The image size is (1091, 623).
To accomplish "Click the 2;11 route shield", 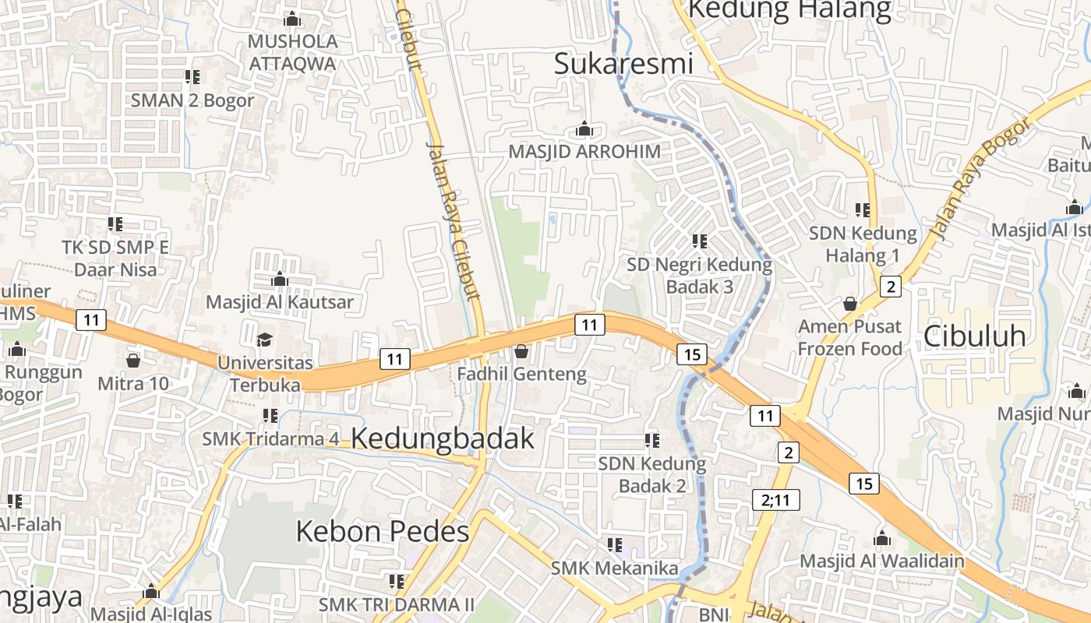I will coord(776,499).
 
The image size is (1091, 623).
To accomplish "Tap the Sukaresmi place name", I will coord(623,64).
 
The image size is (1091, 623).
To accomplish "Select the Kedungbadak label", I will coord(443,438).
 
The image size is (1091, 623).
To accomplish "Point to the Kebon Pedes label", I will coord(382,532).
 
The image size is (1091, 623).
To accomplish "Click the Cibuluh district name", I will coord(974,336).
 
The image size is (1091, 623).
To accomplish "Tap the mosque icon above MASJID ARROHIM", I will coord(584,128).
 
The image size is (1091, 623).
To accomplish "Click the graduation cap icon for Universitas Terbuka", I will coord(265,340).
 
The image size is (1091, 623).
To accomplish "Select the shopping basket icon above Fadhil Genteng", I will coord(521,352).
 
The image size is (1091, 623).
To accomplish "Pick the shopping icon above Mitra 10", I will coord(132,361).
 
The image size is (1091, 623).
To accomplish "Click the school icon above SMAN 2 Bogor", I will coord(192,77).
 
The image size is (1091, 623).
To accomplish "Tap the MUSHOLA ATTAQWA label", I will coord(293,52).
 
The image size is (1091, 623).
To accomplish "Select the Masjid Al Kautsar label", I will coord(280,302).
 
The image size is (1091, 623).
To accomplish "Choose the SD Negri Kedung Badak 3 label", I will coord(699,276).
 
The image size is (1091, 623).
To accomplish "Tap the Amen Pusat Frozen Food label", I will coord(849,337).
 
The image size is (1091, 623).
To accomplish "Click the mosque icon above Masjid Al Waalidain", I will coord(881,538).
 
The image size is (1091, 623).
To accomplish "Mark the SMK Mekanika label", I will coord(615,568).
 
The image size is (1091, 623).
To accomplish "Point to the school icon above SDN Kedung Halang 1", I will coord(863,209).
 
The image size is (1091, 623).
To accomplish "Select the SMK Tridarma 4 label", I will coord(270,438).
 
